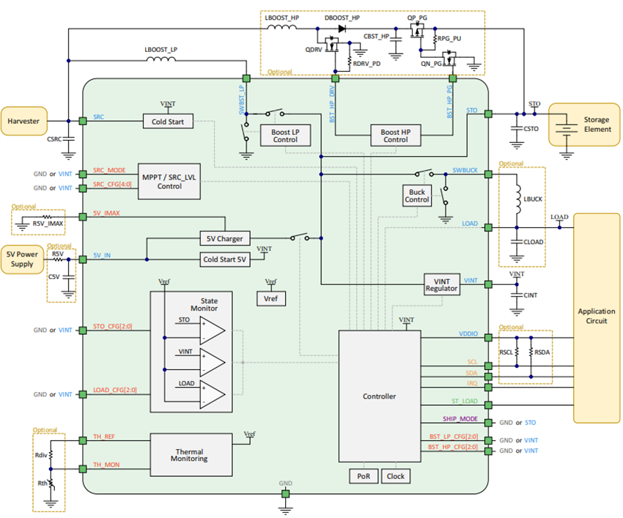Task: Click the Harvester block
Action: [x=25, y=120]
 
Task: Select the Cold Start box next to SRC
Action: [x=168, y=121]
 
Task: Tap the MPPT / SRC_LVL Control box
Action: [x=169, y=181]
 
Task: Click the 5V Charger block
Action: [x=224, y=238]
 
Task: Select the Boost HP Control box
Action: [x=395, y=135]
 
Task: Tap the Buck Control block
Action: [x=417, y=195]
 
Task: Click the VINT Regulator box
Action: [x=441, y=284]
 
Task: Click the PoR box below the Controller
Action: [x=363, y=476]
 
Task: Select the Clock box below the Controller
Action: [x=395, y=476]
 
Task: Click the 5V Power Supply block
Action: [x=21, y=259]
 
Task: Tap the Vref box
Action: [x=271, y=298]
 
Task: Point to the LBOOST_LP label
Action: [x=162, y=50]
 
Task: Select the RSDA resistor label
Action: [x=542, y=351]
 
